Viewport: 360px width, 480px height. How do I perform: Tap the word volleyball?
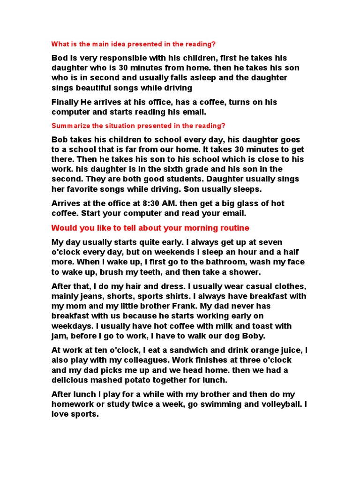click(x=270, y=404)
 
